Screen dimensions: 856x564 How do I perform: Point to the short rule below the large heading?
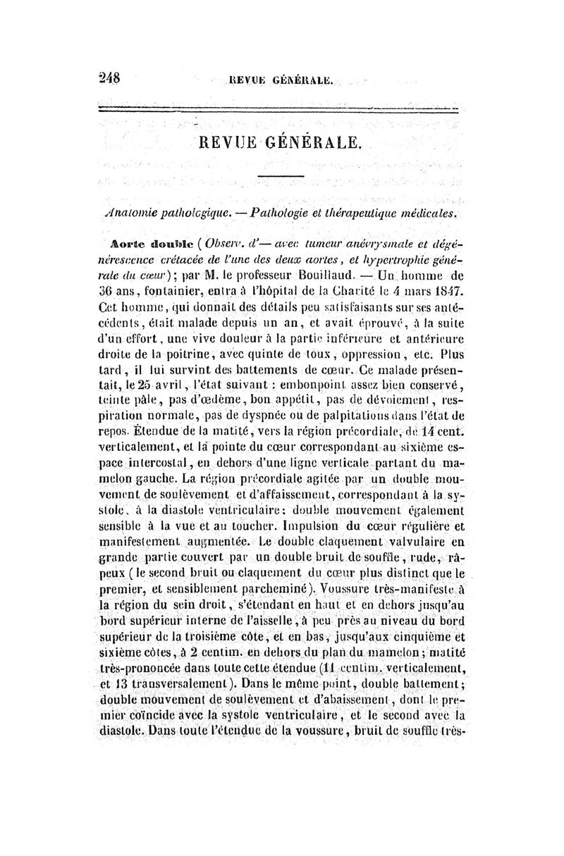pos(280,176)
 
